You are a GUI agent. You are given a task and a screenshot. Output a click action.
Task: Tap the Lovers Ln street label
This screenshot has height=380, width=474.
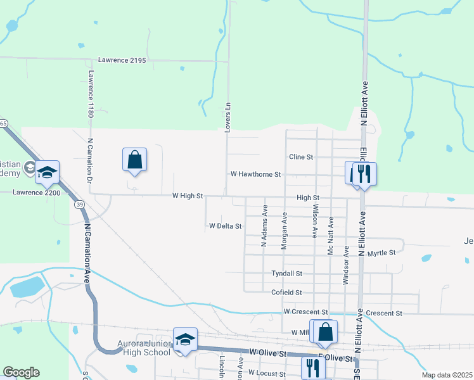(227, 117)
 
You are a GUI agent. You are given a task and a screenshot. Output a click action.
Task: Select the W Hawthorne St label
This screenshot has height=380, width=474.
(255, 174)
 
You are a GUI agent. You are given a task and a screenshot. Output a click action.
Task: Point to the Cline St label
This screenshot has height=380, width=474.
(301, 156)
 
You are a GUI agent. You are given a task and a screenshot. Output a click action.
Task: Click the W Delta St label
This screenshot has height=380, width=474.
(226, 226)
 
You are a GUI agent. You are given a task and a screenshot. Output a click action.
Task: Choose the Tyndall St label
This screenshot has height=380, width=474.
(287, 274)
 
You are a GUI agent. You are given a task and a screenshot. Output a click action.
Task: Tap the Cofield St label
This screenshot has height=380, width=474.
(287, 293)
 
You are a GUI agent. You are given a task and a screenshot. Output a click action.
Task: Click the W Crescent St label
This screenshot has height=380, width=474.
(305, 312)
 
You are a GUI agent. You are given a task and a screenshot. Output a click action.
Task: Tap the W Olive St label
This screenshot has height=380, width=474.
(268, 352)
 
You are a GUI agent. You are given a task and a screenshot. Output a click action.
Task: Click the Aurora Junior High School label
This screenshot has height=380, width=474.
(144, 348)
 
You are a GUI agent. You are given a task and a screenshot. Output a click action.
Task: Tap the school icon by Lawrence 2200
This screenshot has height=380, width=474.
(47, 172)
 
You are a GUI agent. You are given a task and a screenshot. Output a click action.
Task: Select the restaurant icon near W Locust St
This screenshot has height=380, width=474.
(312, 367)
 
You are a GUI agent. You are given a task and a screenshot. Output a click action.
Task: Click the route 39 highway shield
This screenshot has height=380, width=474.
(79, 205)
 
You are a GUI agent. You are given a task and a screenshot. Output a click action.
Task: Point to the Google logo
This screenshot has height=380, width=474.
(21, 372)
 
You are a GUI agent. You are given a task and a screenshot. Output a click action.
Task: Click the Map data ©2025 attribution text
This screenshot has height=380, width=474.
(447, 375)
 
